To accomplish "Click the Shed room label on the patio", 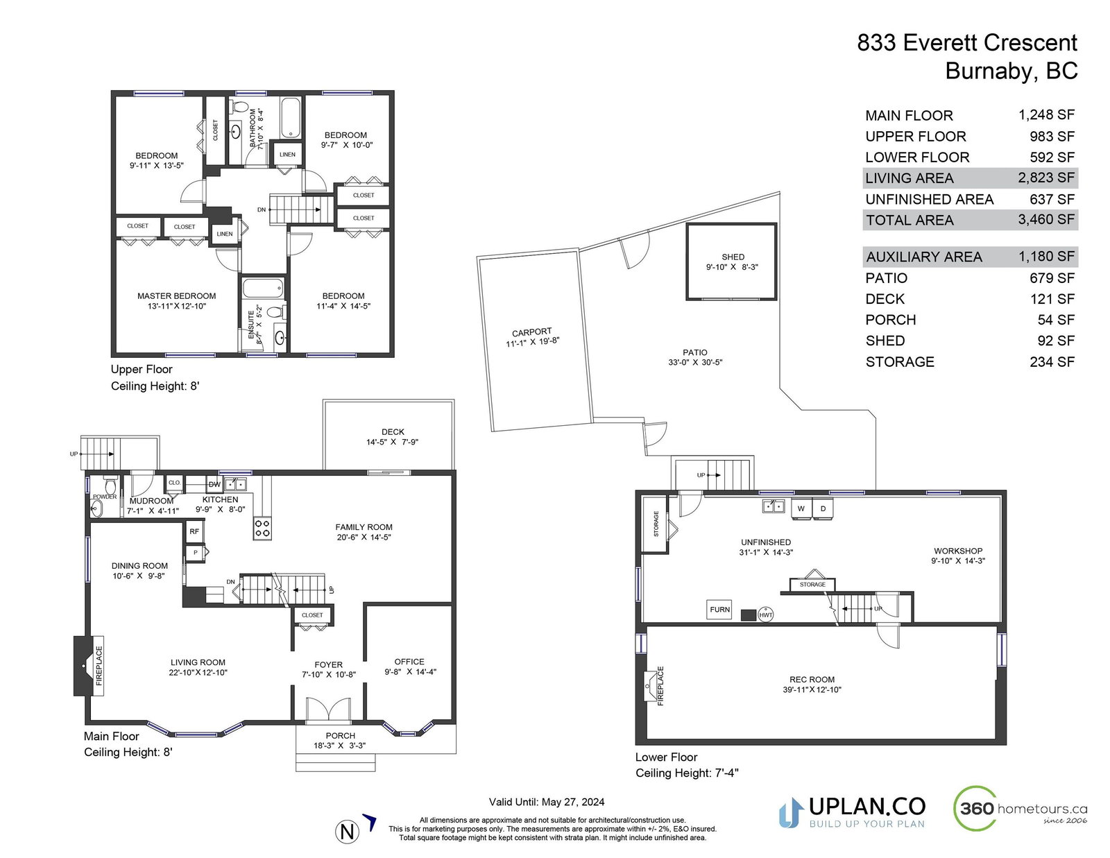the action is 733,257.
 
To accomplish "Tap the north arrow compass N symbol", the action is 347,832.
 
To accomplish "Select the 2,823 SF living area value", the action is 1046,178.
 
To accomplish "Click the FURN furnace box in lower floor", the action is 719,609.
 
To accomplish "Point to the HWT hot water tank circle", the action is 765,615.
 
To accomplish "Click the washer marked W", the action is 801,508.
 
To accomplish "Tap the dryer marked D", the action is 823,508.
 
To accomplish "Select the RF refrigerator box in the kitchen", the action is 194,531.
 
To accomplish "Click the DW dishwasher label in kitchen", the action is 214,485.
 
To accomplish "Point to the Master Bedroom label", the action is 176,295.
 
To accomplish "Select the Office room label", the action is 409,662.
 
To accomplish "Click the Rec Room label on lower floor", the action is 812,679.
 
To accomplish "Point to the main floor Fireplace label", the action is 99,666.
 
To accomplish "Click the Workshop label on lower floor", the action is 958,551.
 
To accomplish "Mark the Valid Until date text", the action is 547,802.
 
